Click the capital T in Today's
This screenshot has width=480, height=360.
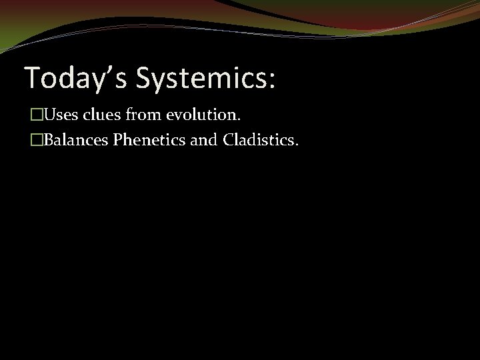pos(31,78)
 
